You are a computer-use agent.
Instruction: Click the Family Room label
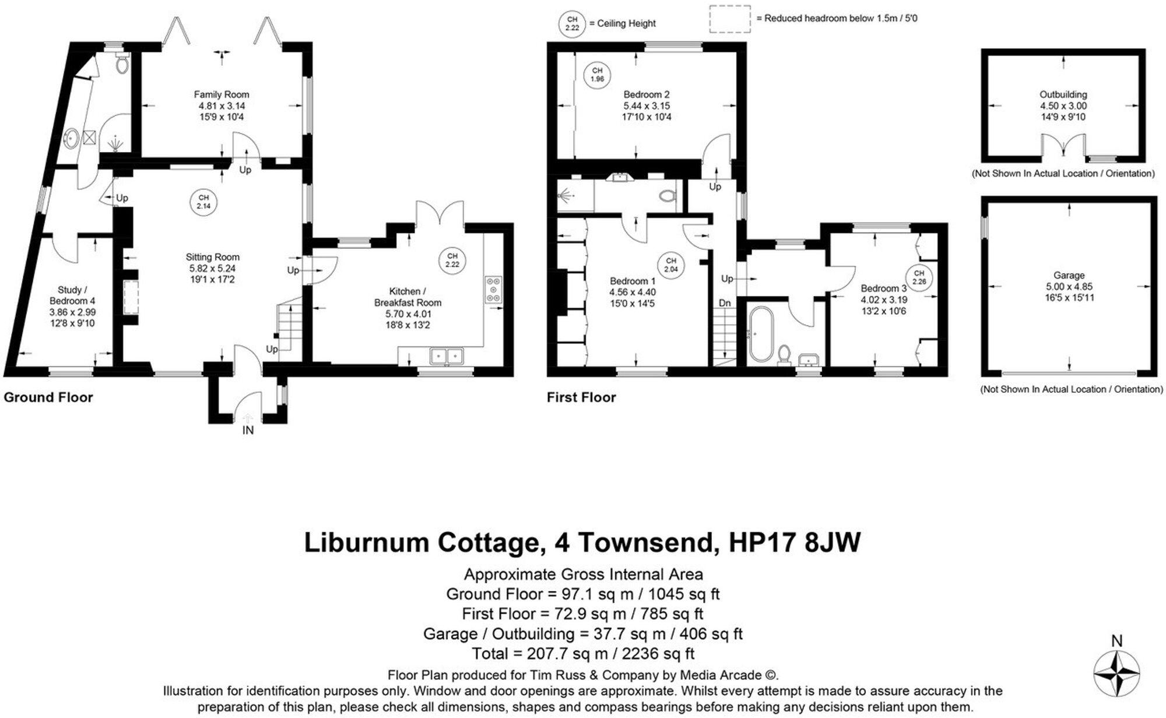click(221, 94)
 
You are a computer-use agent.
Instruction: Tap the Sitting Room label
click(212, 257)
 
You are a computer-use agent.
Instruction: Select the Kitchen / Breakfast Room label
click(408, 297)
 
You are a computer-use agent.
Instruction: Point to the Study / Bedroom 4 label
click(72, 295)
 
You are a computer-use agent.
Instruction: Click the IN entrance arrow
click(248, 418)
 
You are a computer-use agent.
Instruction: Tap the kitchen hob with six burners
click(493, 288)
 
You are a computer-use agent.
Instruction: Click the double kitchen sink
click(447, 355)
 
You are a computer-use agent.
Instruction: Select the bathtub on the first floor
click(761, 333)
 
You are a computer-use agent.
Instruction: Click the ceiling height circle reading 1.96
click(597, 75)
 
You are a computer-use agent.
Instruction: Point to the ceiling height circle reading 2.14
click(203, 202)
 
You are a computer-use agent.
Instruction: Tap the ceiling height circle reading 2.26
click(919, 277)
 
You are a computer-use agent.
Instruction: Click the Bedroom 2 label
click(647, 94)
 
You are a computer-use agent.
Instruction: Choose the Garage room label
click(1069, 275)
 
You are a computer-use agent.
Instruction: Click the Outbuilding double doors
click(1064, 145)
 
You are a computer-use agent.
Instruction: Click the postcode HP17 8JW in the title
click(794, 542)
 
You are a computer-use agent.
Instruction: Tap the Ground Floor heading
click(48, 397)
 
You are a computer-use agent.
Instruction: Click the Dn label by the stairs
click(725, 303)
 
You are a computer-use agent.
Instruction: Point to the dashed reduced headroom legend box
click(729, 19)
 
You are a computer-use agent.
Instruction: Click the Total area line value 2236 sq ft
click(658, 653)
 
